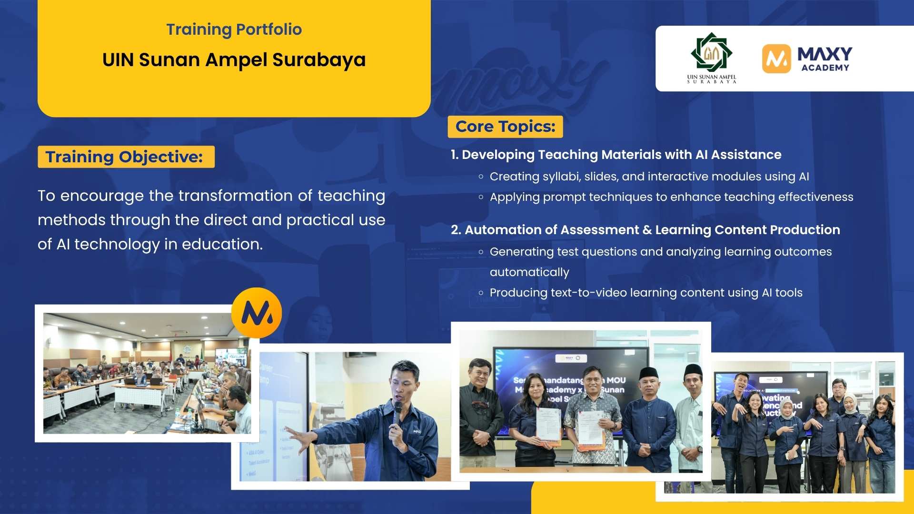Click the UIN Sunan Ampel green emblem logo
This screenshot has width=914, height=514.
click(x=711, y=52)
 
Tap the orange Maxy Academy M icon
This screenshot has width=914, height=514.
click(x=776, y=59)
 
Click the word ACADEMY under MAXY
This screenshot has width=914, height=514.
click(x=825, y=68)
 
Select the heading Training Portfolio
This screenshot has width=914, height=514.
click(x=234, y=30)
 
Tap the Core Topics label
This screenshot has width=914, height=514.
click(x=505, y=127)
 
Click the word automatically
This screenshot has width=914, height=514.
click(x=529, y=272)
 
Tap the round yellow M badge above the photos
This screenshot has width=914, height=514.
click(x=257, y=313)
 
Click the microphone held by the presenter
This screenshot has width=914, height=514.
click(x=397, y=412)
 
